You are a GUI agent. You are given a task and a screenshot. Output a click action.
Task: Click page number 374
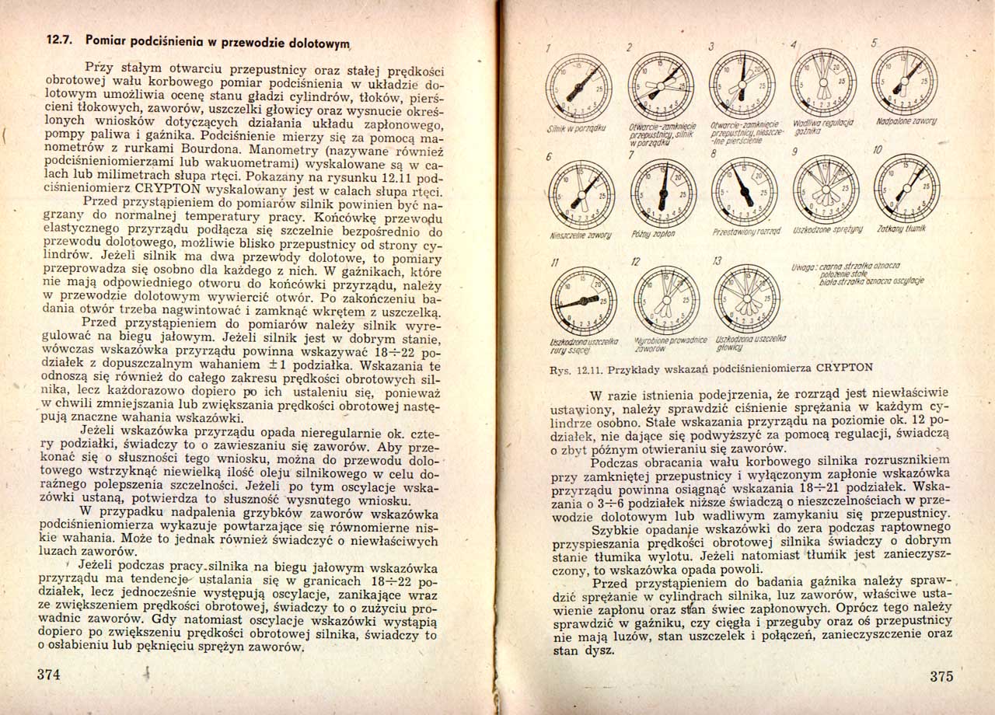[x=49, y=674]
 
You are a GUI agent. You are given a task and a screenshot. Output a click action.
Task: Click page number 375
[x=941, y=676]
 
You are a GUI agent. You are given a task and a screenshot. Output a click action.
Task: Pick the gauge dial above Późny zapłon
[x=663, y=185]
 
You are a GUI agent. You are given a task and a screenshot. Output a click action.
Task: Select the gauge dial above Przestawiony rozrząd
[x=742, y=185]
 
